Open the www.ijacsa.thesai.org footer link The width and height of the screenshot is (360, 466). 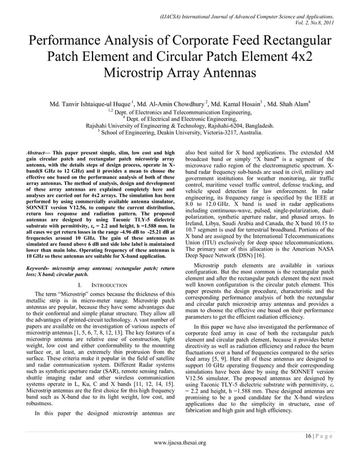pos(180,442)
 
